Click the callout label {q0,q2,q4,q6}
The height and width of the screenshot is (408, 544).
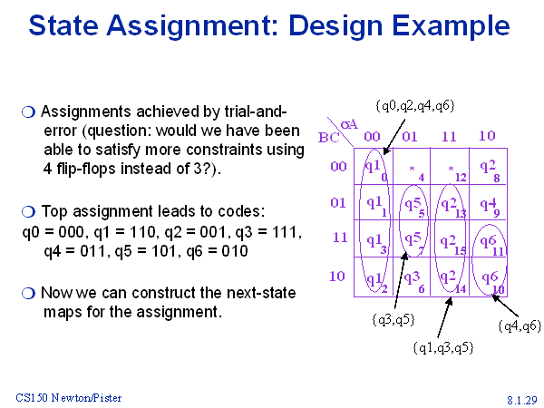(x=415, y=105)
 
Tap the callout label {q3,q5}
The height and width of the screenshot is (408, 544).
(x=393, y=319)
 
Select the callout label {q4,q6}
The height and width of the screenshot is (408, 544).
(x=520, y=325)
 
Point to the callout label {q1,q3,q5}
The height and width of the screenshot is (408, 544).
(x=443, y=347)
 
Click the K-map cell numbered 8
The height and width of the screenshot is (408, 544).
(x=488, y=166)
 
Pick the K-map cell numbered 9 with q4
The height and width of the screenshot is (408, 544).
(x=488, y=202)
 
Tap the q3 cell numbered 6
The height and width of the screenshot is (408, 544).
(x=412, y=277)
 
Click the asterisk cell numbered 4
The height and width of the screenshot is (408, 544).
(x=412, y=166)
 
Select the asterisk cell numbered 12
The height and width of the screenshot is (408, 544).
(x=450, y=166)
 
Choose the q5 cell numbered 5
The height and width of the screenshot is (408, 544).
(x=412, y=202)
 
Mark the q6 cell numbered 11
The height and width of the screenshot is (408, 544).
(x=488, y=238)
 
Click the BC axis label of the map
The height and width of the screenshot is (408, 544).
(x=328, y=138)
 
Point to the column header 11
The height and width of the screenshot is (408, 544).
(x=449, y=136)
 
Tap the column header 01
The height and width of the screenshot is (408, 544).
(x=410, y=136)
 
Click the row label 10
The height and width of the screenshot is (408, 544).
(x=337, y=277)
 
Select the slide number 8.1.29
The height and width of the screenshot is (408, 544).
(x=522, y=400)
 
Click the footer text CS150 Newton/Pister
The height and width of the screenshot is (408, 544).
(x=69, y=398)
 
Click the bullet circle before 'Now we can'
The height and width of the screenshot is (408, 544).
(x=28, y=293)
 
